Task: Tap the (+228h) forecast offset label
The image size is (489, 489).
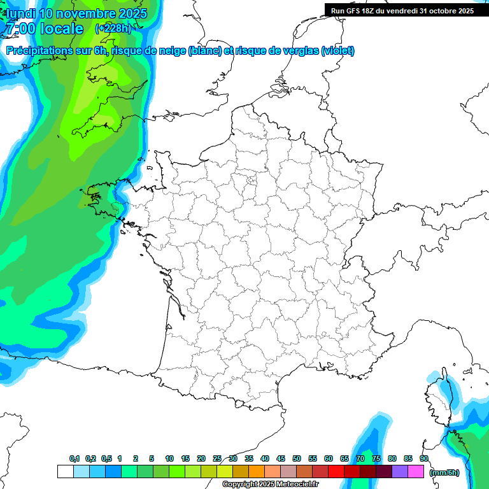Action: coord(113,28)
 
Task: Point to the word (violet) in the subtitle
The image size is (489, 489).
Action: coord(337,51)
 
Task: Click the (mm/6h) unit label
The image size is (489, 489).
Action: coord(444,472)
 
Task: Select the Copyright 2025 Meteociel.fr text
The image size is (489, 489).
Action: coord(270,485)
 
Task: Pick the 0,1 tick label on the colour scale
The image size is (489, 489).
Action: coord(74,458)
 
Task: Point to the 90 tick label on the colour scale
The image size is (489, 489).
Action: coord(424,458)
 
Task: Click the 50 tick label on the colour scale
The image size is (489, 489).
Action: coord(297,458)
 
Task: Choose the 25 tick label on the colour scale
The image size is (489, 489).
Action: coord(217,458)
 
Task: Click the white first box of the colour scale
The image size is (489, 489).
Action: coord(65,471)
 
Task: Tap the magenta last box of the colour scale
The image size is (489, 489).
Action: coord(416,471)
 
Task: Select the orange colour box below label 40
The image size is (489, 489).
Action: coord(257,471)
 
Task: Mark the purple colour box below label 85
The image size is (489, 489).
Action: coord(400,471)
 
